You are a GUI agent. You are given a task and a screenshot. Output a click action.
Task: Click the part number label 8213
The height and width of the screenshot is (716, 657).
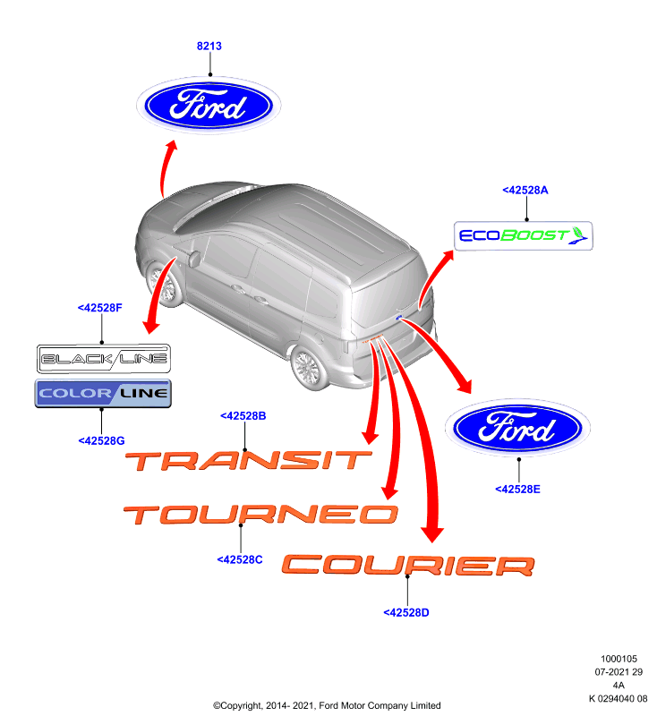pyautogui.click(x=209, y=47)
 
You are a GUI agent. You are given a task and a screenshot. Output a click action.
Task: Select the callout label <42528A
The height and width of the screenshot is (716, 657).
pyautogui.click(x=525, y=191)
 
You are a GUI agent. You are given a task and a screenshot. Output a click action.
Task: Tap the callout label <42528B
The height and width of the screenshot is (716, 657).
pyautogui.click(x=243, y=416)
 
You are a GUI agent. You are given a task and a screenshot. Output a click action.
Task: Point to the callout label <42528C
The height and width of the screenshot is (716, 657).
pyautogui.click(x=240, y=560)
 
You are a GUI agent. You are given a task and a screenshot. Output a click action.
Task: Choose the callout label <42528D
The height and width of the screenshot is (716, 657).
pyautogui.click(x=406, y=613)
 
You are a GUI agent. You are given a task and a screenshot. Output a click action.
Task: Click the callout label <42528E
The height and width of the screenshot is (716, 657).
pyautogui.click(x=517, y=490)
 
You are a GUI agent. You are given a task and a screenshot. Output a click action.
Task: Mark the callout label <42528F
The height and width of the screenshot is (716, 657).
pyautogui.click(x=100, y=308)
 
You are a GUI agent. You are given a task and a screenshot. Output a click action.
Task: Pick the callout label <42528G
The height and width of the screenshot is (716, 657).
pyautogui.click(x=101, y=441)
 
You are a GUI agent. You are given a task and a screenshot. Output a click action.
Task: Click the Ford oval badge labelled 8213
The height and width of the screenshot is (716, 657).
pyautogui.click(x=209, y=106)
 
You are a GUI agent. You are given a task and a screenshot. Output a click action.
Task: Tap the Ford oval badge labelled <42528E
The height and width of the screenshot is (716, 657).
pyautogui.click(x=517, y=428)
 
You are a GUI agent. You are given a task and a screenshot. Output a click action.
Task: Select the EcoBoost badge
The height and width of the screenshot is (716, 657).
pyautogui.click(x=524, y=236)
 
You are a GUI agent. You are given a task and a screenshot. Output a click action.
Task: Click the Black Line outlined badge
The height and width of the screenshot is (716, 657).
pyautogui.click(x=104, y=359)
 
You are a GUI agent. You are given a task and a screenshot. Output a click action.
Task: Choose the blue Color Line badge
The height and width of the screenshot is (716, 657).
pyautogui.click(x=103, y=393)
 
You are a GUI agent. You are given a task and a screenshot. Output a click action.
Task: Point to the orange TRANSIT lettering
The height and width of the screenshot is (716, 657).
pyautogui.click(x=248, y=461)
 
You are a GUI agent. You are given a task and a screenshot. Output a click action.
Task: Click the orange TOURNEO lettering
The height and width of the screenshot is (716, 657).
pyautogui.click(x=260, y=515)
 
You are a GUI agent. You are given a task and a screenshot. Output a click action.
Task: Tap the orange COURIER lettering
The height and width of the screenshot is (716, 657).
pyautogui.click(x=408, y=566)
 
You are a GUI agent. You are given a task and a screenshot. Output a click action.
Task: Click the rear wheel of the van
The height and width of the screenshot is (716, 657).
pyautogui.click(x=309, y=368)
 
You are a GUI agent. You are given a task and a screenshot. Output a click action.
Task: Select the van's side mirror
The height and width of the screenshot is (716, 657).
pyautogui.click(x=194, y=259)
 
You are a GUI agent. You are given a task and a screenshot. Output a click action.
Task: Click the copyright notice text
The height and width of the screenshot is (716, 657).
pyautogui.click(x=327, y=705)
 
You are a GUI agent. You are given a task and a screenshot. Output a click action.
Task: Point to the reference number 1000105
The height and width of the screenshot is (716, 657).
pyautogui.click(x=619, y=659)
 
